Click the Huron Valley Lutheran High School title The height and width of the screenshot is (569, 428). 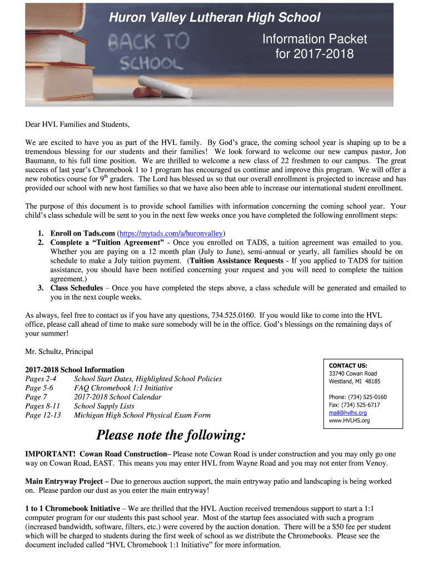coord(215,18)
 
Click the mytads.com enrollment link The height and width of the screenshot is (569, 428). coord(175,233)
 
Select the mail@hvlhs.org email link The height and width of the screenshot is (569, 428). coord(348,413)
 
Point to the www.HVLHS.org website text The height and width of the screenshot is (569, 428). coord(349,421)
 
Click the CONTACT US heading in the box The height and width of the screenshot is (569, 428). coord(348,365)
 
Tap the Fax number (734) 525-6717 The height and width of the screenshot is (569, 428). coord(354,405)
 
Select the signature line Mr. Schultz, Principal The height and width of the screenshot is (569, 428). coord(59,351)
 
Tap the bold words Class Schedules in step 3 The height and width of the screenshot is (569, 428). coord(77,288)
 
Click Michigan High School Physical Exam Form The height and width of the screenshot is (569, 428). coord(142,415)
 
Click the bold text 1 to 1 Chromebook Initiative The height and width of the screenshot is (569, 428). coord(73,508)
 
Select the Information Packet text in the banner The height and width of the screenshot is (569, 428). coord(315,39)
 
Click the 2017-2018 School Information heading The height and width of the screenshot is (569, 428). coord(74,370)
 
